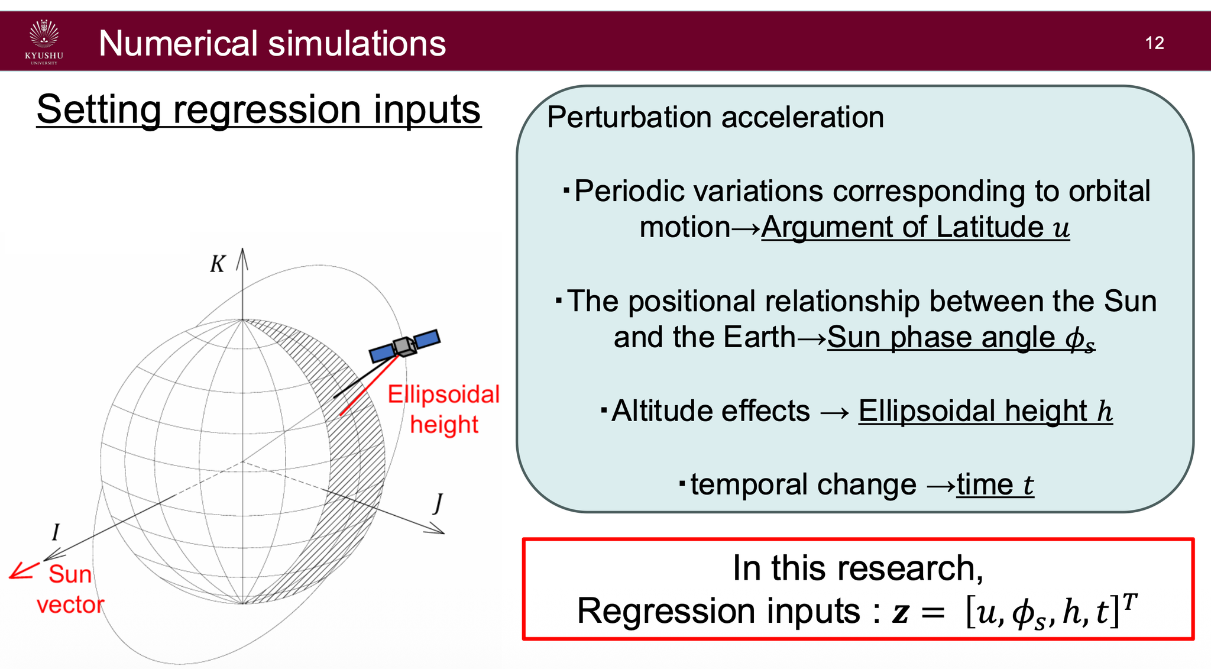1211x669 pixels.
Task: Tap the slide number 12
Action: (x=1154, y=43)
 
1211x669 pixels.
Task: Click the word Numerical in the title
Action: (x=178, y=44)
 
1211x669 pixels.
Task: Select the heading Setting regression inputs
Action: (x=258, y=110)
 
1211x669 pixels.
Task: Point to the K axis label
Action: (x=218, y=264)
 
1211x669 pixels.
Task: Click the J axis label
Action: (x=438, y=503)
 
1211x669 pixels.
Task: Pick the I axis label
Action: (x=56, y=532)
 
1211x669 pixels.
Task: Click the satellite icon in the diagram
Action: (x=405, y=345)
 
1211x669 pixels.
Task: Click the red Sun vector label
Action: (x=70, y=589)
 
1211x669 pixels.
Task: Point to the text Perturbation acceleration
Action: (x=715, y=117)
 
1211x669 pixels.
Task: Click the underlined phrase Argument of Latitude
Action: (x=902, y=228)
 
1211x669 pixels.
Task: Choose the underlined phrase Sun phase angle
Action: (x=941, y=338)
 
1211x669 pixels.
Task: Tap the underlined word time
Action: (x=984, y=485)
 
